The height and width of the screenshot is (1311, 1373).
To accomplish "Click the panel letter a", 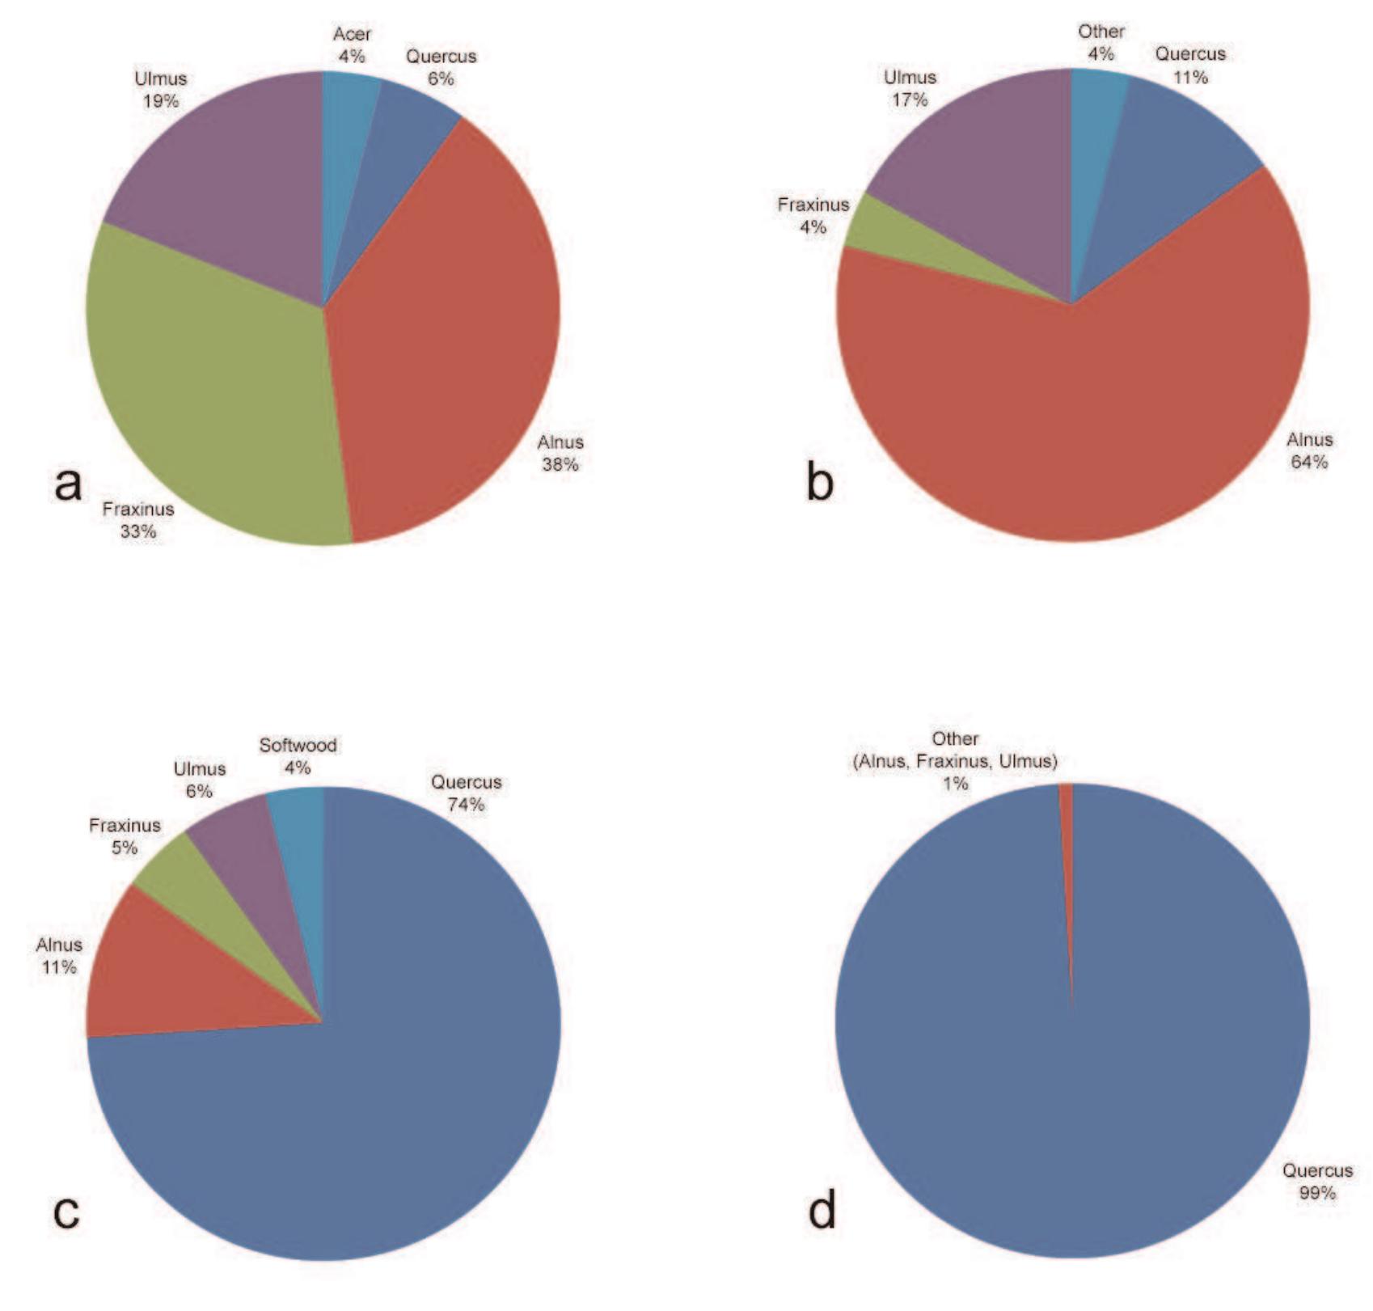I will pyautogui.click(x=69, y=484).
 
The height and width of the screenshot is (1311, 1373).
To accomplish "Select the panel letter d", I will pyautogui.click(x=822, y=1212).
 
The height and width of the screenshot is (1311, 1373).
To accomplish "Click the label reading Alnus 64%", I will pyautogui.click(x=1309, y=450).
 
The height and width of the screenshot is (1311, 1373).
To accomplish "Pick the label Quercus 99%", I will pyautogui.click(x=1317, y=1182).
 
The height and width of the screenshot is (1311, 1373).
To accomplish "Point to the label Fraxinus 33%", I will pyautogui.click(x=138, y=520).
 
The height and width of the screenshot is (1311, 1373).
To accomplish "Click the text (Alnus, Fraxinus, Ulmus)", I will pyautogui.click(x=955, y=761).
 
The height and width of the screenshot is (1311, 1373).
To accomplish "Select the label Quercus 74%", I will pyautogui.click(x=467, y=793).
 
